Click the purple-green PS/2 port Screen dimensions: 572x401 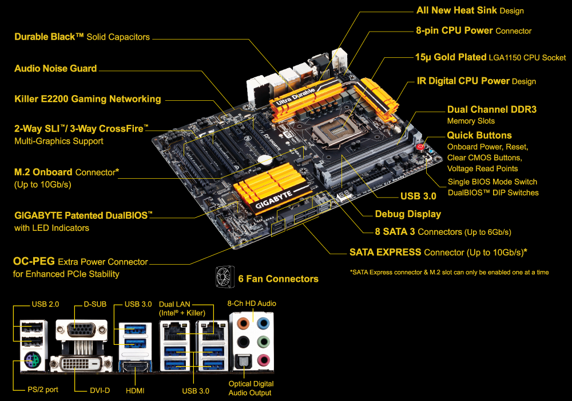[32, 361]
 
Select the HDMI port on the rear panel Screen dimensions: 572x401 [135, 366]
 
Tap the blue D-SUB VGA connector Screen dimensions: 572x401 [81, 330]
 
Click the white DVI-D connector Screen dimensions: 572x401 [81, 363]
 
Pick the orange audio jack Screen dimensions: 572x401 [243, 323]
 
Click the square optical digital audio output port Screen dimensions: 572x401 [243, 361]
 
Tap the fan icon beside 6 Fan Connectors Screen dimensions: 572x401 [225, 277]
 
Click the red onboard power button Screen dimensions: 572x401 [420, 147]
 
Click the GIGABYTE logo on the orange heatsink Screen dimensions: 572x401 [273, 199]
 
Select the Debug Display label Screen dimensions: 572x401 [408, 214]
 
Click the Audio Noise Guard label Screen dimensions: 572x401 [55, 69]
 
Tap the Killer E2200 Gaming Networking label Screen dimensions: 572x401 [88, 99]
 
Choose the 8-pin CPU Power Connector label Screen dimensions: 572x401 [474, 31]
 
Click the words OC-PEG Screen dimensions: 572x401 [34, 261]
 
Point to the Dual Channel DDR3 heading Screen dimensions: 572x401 [492, 109]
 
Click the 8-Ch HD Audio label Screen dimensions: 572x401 [252, 304]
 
